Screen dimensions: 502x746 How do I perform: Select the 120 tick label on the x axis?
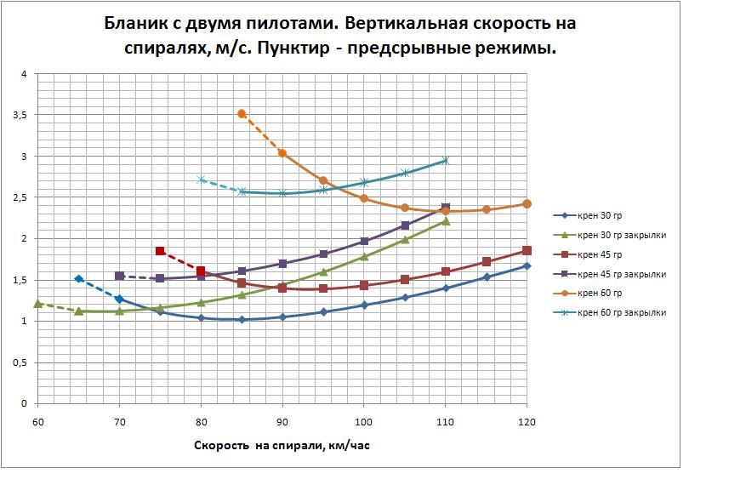coord(527,421)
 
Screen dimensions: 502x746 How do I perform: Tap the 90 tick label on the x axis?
coord(282,421)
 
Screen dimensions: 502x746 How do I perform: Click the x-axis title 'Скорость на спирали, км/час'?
coord(282,445)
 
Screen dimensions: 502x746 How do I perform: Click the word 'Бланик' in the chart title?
coord(134,23)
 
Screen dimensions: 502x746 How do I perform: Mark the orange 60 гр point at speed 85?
coord(242,113)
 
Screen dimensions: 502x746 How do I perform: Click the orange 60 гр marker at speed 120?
coord(527,204)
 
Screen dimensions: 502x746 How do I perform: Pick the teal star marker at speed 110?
coord(445,160)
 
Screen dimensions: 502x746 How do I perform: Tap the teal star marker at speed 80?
coord(201,180)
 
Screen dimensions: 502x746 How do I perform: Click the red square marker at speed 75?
coord(160,251)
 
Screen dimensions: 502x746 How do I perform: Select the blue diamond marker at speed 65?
coord(78,279)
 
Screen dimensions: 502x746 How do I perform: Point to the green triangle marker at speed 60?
coord(37,304)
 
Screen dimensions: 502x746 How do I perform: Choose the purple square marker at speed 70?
coord(119,276)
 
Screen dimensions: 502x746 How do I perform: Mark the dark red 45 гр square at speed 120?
coord(527,250)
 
